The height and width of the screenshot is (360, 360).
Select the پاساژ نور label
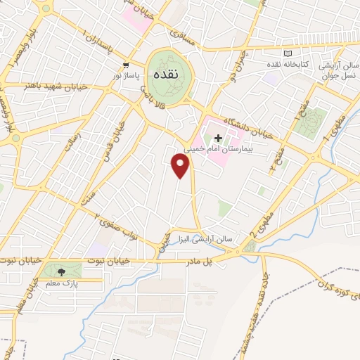click(x=127, y=74)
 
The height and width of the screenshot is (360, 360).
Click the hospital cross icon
click(x=218, y=138)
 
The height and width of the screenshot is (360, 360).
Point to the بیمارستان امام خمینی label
click(x=217, y=149)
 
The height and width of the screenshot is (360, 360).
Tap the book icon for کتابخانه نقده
click(x=286, y=53)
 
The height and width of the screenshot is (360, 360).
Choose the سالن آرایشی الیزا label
click(x=205, y=238)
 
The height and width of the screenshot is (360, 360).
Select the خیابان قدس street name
click(x=113, y=137)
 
